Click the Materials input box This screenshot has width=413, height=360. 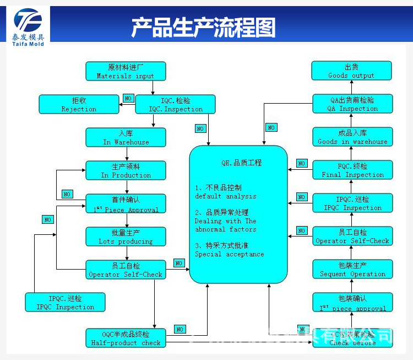pos(126,72)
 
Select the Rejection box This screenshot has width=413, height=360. pos(79,105)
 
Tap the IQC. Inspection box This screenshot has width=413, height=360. pos(176,105)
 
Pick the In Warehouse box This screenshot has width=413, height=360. pos(126,138)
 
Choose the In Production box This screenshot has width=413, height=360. pos(126,171)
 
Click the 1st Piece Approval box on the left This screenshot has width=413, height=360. pos(126,204)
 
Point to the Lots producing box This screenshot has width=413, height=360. pos(126,237)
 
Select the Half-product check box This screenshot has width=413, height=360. pos(126,338)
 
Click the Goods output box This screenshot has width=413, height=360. pos(351,71)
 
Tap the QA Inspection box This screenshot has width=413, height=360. pos(352,104)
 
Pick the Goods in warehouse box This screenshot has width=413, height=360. pos(352,137)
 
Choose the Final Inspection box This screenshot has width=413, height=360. pos(352,170)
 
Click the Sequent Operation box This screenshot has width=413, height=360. pos(352,270)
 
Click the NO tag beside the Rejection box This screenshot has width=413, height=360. pos(128,98)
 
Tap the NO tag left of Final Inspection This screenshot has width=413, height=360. pos(301,164)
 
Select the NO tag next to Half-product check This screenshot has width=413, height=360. pos(180,330)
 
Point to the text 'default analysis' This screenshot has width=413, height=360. pos(225,196)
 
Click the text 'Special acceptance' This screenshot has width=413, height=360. pos(229,254)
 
